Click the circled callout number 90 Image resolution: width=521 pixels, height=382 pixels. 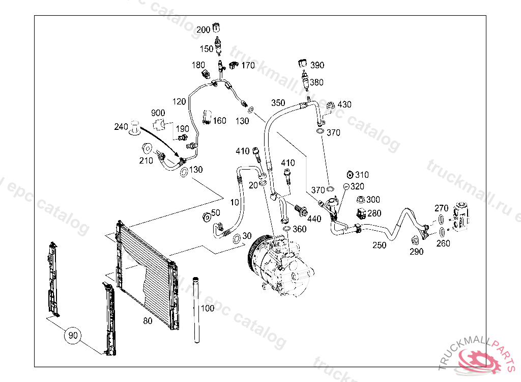click(73, 335)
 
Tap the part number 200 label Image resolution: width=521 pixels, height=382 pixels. click(203, 30)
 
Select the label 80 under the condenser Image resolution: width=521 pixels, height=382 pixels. click(148, 321)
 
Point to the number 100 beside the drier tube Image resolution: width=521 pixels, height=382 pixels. click(208, 308)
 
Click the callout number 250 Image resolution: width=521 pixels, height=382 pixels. click(379, 245)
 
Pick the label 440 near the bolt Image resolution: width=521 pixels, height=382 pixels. click(314, 219)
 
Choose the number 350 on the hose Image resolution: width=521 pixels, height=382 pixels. click(278, 102)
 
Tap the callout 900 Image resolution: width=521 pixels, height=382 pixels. click(158, 113)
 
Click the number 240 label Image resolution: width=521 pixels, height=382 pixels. click(121, 127)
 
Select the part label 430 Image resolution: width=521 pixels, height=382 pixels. click(344, 104)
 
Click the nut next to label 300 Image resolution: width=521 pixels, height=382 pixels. click(361, 199)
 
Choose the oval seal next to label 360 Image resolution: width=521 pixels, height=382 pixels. click(286, 229)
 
